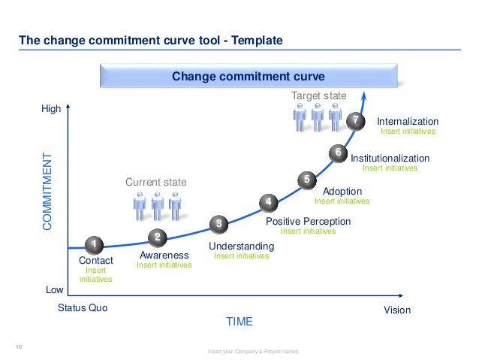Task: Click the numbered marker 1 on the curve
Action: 93,245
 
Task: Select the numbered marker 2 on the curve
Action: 158,237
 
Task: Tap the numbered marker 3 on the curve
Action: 218,223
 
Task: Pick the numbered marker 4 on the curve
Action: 268,202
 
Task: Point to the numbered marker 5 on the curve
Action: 306,180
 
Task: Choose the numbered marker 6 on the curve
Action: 338,153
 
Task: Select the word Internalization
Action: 407,121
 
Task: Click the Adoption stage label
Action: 342,191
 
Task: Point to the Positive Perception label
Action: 308,221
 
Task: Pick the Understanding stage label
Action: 241,246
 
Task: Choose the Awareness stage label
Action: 164,256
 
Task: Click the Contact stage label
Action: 95,260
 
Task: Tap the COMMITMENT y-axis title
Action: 48,192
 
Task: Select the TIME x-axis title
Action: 239,322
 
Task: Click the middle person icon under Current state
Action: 156,205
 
